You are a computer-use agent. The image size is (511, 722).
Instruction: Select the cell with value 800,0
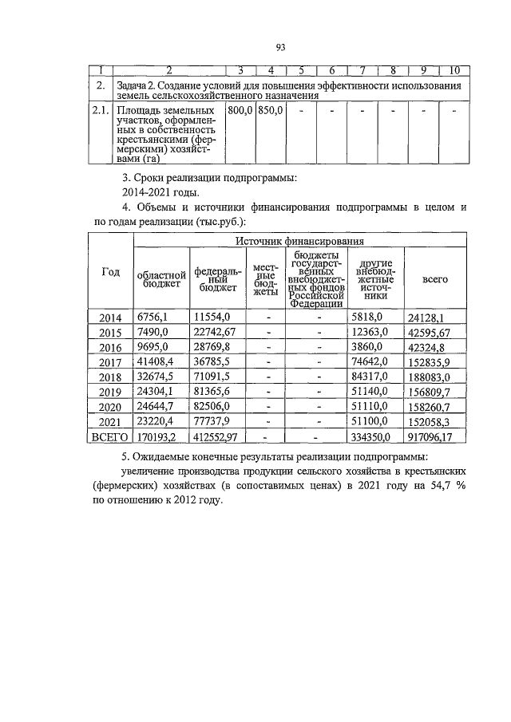coord(240,109)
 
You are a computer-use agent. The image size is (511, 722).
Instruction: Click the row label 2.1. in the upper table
coord(100,109)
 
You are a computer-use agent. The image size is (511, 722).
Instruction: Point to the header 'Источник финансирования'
coord(300,240)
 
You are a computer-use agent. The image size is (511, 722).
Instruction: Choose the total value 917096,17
coord(435,437)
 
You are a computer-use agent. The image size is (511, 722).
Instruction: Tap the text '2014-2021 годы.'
coord(160,192)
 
